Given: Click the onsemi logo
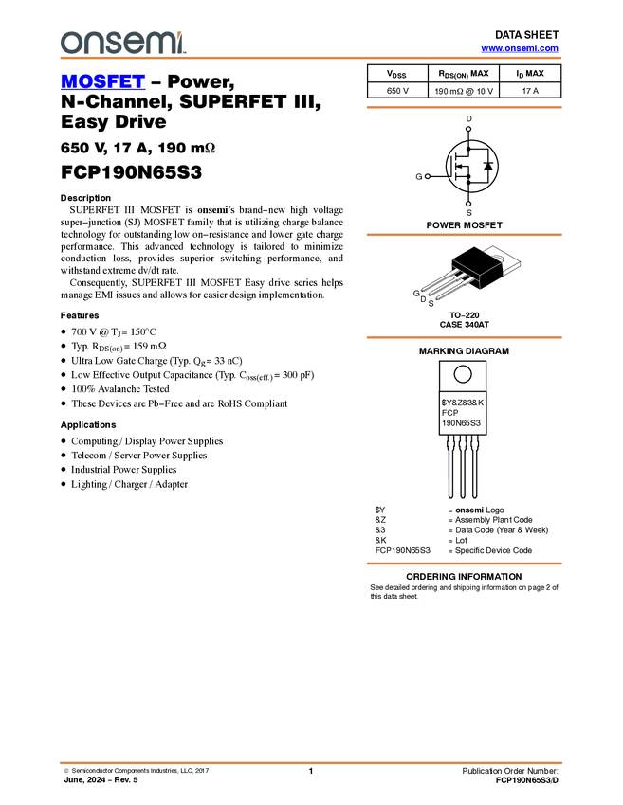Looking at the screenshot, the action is tap(122, 42).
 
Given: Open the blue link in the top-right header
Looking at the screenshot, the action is tap(520, 48).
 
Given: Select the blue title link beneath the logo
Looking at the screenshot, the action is tap(102, 82).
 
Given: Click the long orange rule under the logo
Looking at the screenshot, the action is tap(310, 58).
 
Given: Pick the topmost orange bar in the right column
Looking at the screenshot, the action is tap(464, 108).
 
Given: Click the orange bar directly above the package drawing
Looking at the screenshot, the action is tap(464, 235).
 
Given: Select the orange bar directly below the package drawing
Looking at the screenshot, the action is tap(464, 337).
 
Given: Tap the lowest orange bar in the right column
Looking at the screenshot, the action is tap(464, 563).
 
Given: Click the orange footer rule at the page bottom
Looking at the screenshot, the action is tap(310, 762).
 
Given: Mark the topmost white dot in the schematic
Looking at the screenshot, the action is tap(468, 129).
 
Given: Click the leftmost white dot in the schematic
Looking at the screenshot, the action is tap(427, 176).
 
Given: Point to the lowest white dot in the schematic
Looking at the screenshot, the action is tap(468, 204).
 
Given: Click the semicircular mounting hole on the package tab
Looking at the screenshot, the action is tap(499, 257).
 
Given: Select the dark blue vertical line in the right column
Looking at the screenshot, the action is tap(447, 464).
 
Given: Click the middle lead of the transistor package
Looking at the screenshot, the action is tap(442, 288).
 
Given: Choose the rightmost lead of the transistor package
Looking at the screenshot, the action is tap(451, 293).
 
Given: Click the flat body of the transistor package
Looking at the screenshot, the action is tap(475, 269).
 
